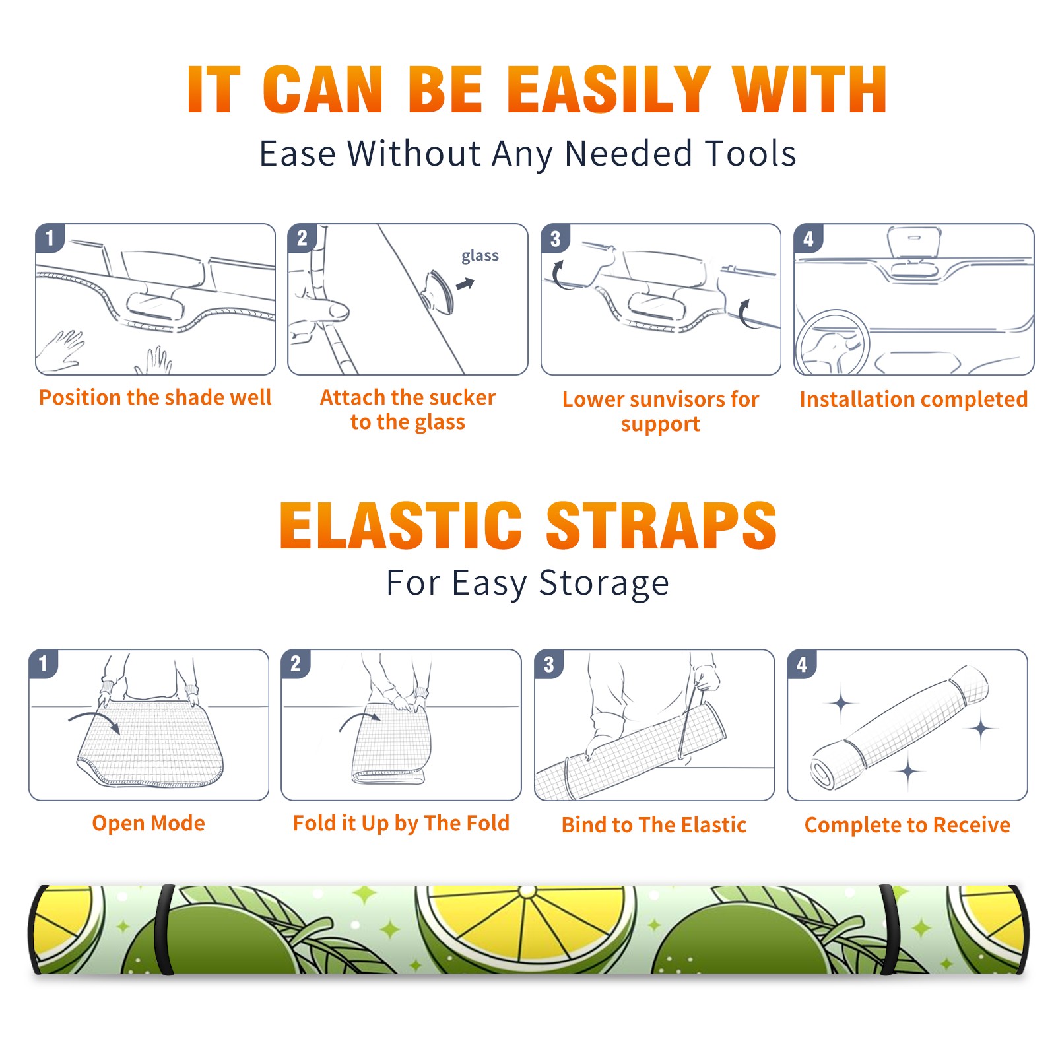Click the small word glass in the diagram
[x=480, y=256]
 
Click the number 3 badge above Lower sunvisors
[x=555, y=238]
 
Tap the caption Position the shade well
[x=155, y=397]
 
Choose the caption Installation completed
[x=913, y=399]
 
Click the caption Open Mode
[x=148, y=823]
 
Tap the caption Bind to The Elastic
[x=653, y=825]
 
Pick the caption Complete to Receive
[x=907, y=825]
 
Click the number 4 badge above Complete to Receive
[x=802, y=664]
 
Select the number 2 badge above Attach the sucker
[x=302, y=238]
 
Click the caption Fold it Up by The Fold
[x=401, y=823]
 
